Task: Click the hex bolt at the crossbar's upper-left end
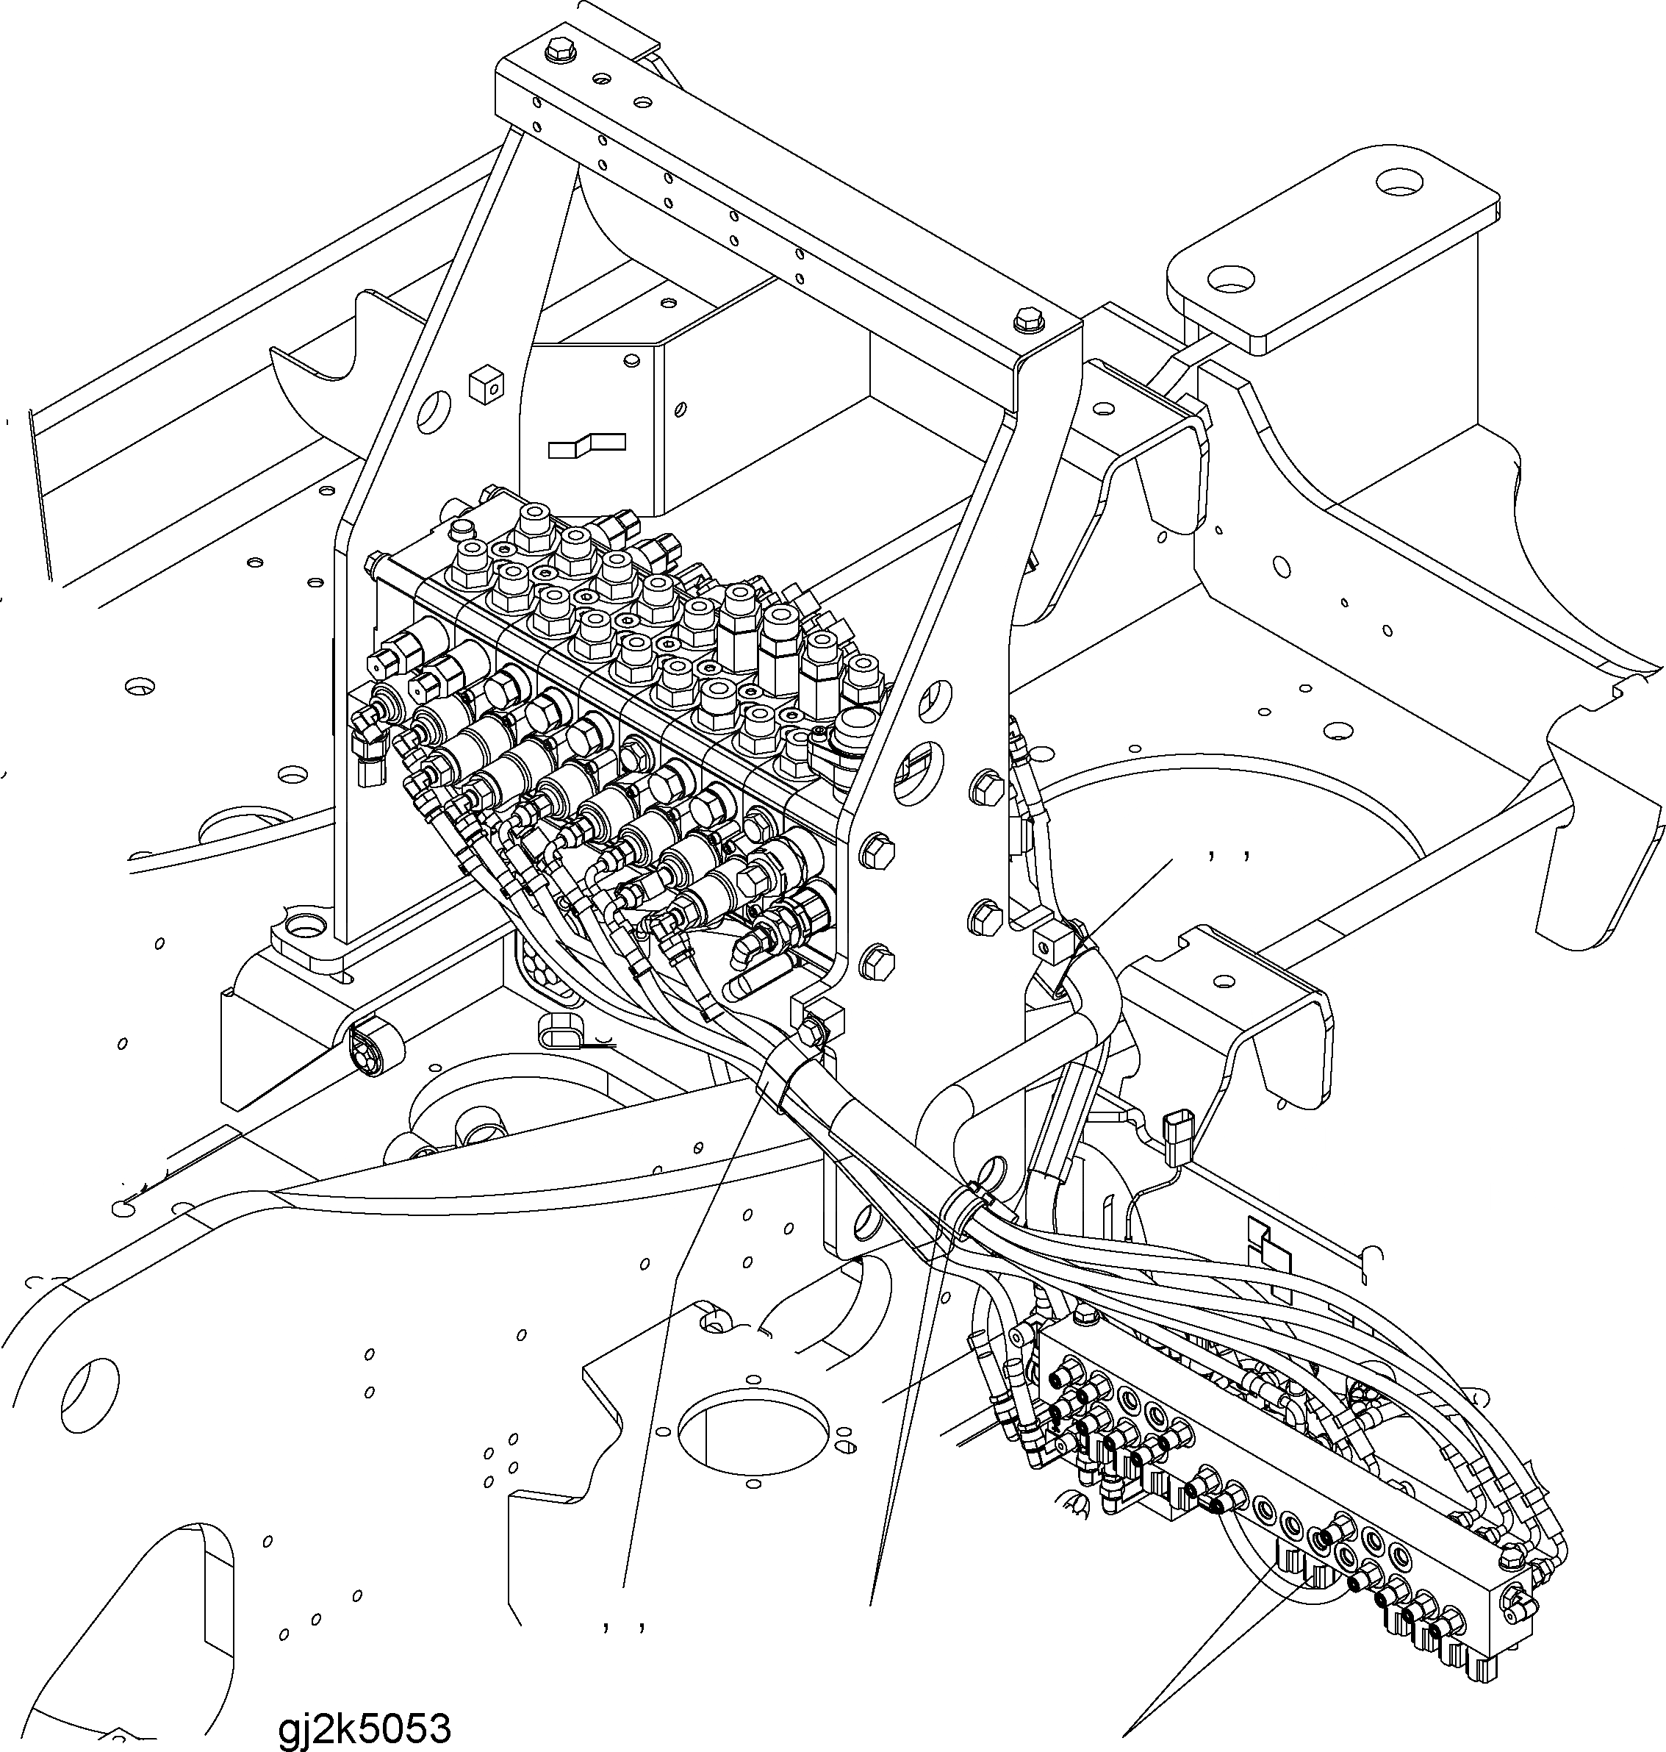click(559, 48)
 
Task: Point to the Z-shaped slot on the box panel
click(586, 444)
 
